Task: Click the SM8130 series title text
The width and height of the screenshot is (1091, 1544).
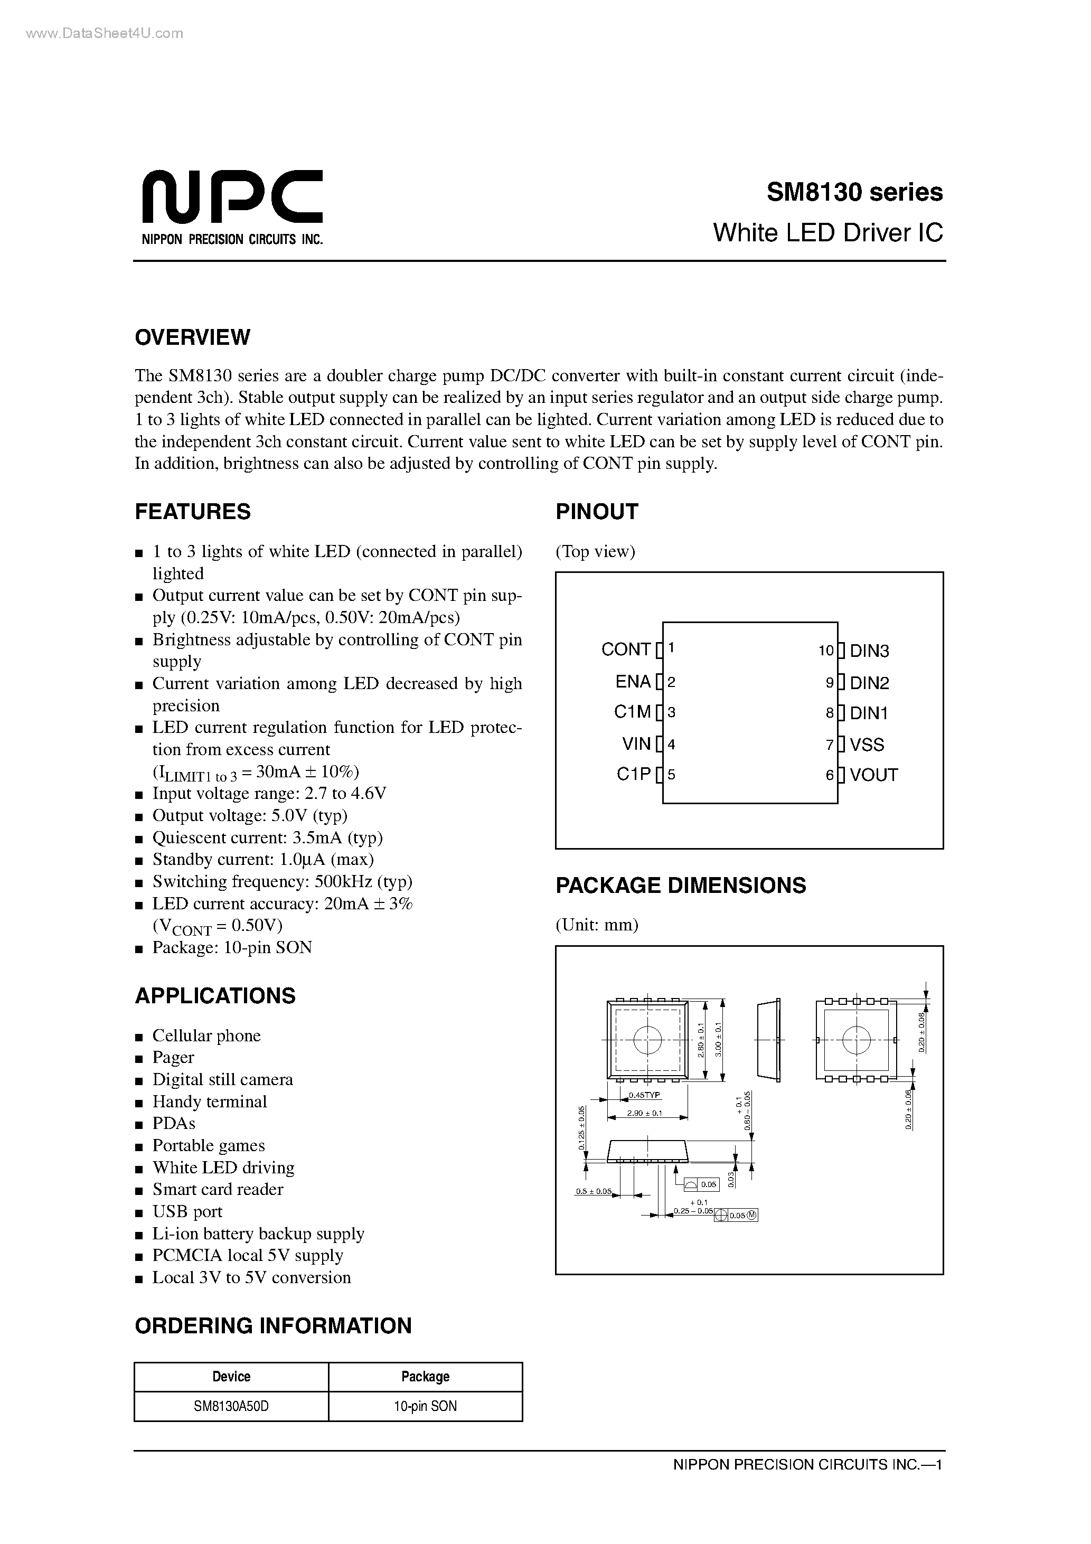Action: (x=854, y=192)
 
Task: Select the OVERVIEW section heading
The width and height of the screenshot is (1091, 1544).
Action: (x=192, y=337)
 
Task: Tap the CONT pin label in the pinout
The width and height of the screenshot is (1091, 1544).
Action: (x=626, y=649)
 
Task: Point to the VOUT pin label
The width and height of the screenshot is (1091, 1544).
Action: (x=873, y=775)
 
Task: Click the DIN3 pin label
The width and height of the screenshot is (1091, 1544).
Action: (x=869, y=651)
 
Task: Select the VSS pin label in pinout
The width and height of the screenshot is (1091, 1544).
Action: (x=867, y=745)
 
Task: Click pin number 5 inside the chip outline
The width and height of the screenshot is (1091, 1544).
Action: (x=671, y=775)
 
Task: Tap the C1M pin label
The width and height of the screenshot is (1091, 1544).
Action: (x=632, y=712)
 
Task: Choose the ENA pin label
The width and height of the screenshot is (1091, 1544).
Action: (x=633, y=682)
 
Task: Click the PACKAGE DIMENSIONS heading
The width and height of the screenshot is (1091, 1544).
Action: (x=680, y=885)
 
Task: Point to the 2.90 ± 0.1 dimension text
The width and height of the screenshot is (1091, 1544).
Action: (x=644, y=1113)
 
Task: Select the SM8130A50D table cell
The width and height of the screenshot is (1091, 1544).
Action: (x=231, y=1406)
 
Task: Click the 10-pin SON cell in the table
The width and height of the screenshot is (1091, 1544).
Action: (x=425, y=1406)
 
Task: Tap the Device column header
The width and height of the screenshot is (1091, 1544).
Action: (x=231, y=1377)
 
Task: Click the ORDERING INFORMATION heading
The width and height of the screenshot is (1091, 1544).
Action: (x=273, y=1325)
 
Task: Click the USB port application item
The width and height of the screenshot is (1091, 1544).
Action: (x=187, y=1211)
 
